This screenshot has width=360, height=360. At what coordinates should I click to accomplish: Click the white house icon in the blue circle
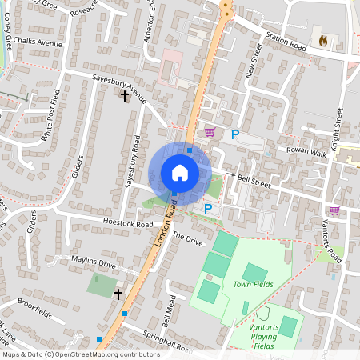[180, 173]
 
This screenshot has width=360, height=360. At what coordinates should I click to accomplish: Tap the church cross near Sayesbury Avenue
[124, 96]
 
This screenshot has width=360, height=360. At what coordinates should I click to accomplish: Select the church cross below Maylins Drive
[118, 294]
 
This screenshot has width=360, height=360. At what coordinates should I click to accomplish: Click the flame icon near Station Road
[323, 39]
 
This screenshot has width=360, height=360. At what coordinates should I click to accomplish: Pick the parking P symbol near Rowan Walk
[235, 135]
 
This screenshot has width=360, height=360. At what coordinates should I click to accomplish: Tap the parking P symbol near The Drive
[208, 209]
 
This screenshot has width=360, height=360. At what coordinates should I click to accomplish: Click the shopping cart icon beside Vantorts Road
[334, 210]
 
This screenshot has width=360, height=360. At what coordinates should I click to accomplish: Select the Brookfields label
[34, 310]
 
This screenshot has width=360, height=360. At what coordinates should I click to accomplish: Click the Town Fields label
[253, 284]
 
